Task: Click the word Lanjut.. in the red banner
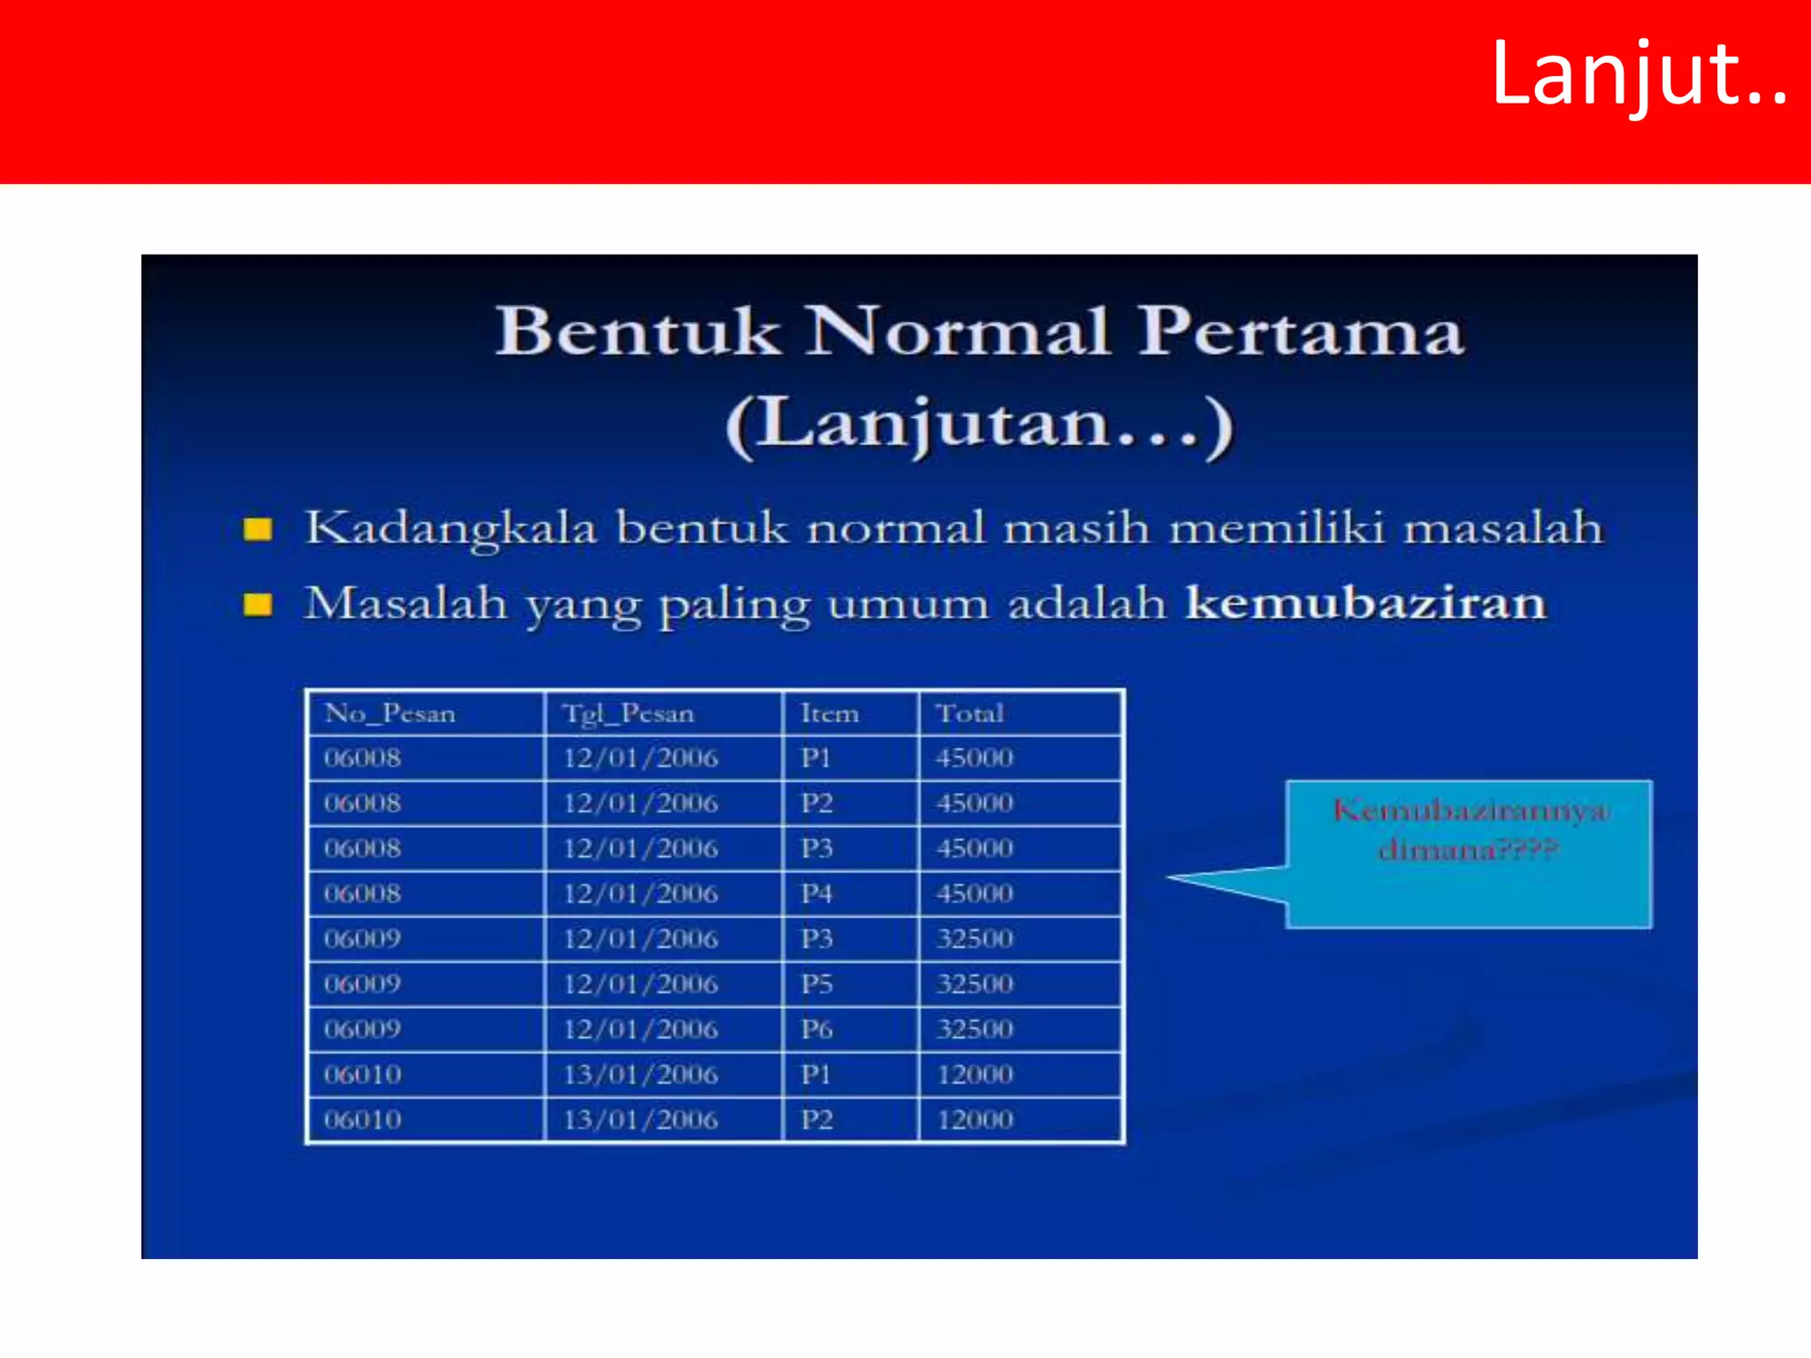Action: pos(1639,77)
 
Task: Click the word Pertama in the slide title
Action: pos(1300,332)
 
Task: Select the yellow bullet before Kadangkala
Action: pos(257,530)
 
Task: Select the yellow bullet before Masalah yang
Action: pos(257,605)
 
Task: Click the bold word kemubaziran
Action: pos(1365,604)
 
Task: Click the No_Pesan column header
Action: pos(390,713)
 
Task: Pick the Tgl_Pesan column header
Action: pos(629,713)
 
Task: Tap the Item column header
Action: pos(829,713)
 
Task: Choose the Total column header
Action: pos(970,713)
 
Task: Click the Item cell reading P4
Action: pos(817,894)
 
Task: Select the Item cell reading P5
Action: pos(817,984)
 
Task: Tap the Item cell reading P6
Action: pos(817,1029)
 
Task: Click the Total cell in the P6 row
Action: pos(974,1029)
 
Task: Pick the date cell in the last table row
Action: pos(640,1120)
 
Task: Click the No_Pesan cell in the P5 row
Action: pos(363,984)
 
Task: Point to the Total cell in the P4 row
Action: pos(974,894)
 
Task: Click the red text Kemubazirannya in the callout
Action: pos(1470,811)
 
